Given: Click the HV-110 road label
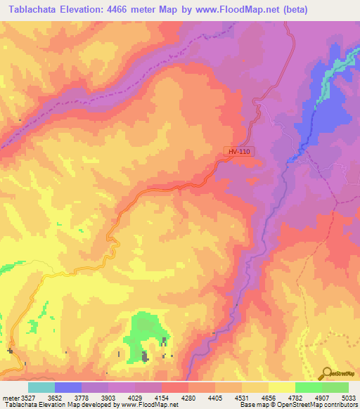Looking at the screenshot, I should click(238, 151).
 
